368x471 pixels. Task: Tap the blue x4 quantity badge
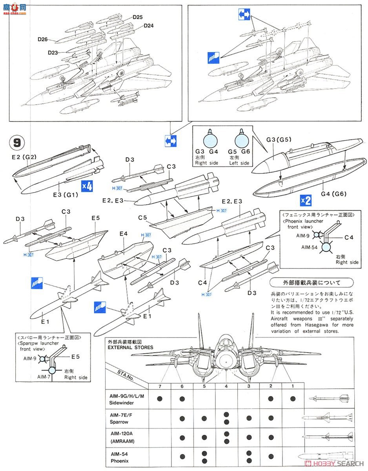point(87,186)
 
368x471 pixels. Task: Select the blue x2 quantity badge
point(306,201)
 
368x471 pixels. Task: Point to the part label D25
point(137,17)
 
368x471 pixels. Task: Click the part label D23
point(53,52)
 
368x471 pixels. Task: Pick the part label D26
point(43,39)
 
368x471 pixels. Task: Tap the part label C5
point(142,217)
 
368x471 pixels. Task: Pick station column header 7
point(160,386)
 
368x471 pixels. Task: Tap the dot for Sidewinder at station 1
point(293,399)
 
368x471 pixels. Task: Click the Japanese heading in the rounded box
point(317,283)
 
